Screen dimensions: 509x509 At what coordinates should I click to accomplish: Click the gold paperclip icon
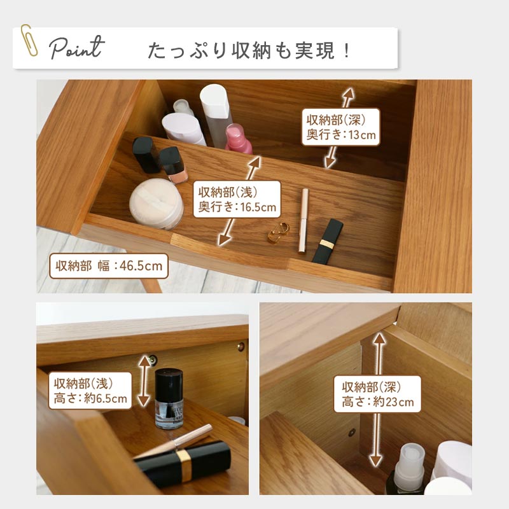click(x=29, y=40)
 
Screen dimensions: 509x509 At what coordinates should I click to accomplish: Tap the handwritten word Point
click(x=77, y=48)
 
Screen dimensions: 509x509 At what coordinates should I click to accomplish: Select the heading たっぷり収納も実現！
click(x=249, y=51)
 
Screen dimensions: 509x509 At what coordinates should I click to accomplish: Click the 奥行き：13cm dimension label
click(x=341, y=127)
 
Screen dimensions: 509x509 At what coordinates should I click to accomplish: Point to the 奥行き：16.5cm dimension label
click(x=237, y=199)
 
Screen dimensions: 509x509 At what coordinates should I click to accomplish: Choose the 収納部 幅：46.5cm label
click(x=109, y=266)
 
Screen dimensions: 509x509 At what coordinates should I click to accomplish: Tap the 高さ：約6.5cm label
click(x=90, y=391)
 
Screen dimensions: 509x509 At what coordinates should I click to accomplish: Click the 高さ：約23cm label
click(x=377, y=394)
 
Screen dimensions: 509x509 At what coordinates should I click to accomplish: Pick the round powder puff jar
click(x=157, y=204)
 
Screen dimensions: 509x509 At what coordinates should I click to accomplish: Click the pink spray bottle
click(x=239, y=139)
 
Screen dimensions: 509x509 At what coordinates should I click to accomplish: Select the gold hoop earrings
click(x=279, y=232)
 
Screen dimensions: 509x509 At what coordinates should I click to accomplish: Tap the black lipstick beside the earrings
click(x=328, y=241)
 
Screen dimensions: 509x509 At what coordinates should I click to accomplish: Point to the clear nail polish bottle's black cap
click(x=169, y=384)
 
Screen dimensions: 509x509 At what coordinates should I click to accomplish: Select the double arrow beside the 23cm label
click(x=377, y=400)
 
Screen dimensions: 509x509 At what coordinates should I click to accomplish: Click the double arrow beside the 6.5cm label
click(x=144, y=380)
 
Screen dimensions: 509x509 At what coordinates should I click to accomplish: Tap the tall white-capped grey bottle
click(x=216, y=115)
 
